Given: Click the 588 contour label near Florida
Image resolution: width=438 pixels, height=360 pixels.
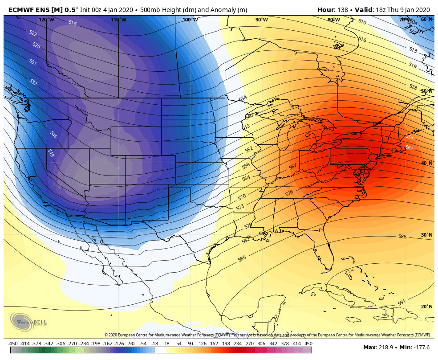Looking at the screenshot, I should pos(402,237).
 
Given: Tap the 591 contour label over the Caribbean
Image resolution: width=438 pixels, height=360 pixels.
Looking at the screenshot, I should pos(401,303).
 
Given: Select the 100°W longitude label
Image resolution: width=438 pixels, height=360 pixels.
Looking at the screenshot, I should pos(190,20).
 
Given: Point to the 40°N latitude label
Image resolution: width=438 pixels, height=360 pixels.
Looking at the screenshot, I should pos(426,164).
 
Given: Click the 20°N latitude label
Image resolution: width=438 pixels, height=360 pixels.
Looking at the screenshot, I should pos(426,307).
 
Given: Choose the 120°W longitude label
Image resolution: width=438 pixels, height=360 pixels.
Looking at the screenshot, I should pos(46,20).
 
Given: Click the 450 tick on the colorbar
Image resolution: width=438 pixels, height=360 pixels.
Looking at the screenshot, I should pos(308,344).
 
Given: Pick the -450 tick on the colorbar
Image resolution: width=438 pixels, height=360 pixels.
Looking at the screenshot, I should pos(13,344).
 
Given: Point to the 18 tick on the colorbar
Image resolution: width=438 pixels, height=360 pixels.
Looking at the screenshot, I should pos(167,344).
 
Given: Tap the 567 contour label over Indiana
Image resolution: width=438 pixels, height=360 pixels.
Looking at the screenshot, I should pos(292,167).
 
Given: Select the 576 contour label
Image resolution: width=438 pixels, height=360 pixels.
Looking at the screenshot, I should pos(289,193).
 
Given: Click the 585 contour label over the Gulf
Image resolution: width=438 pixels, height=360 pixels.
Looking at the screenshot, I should pos(242,258).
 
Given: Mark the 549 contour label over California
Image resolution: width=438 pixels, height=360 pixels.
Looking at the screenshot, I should pos(50,153).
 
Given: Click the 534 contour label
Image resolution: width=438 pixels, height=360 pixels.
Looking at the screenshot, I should pos(242,98).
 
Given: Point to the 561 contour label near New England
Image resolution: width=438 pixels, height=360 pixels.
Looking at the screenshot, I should pos(410,148).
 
